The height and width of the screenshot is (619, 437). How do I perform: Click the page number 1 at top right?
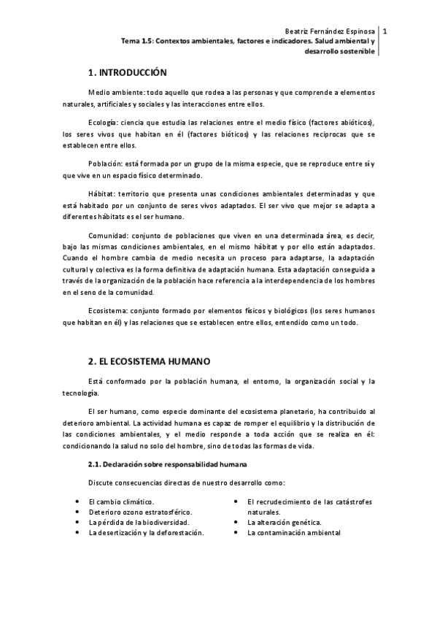pyautogui.click(x=385, y=31)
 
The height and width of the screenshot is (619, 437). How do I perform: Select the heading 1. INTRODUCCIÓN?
pyautogui.click(x=127, y=73)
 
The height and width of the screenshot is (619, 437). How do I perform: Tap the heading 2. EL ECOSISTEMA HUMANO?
pyautogui.click(x=149, y=361)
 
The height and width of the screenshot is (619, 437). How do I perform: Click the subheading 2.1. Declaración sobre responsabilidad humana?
pyautogui.click(x=168, y=464)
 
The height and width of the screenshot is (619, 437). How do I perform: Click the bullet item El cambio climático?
pyautogui.click(x=121, y=501)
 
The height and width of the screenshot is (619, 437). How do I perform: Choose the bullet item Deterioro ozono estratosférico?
pyautogui.click(x=136, y=512)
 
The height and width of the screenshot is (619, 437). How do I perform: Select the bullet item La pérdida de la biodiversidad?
pyautogui.click(x=139, y=523)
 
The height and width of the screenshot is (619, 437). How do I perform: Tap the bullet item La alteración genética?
pyautogui.click(x=284, y=523)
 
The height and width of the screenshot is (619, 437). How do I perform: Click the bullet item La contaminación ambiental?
pyautogui.click(x=293, y=533)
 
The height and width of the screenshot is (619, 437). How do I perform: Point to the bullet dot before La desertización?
pyautogui.click(x=78, y=533)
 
